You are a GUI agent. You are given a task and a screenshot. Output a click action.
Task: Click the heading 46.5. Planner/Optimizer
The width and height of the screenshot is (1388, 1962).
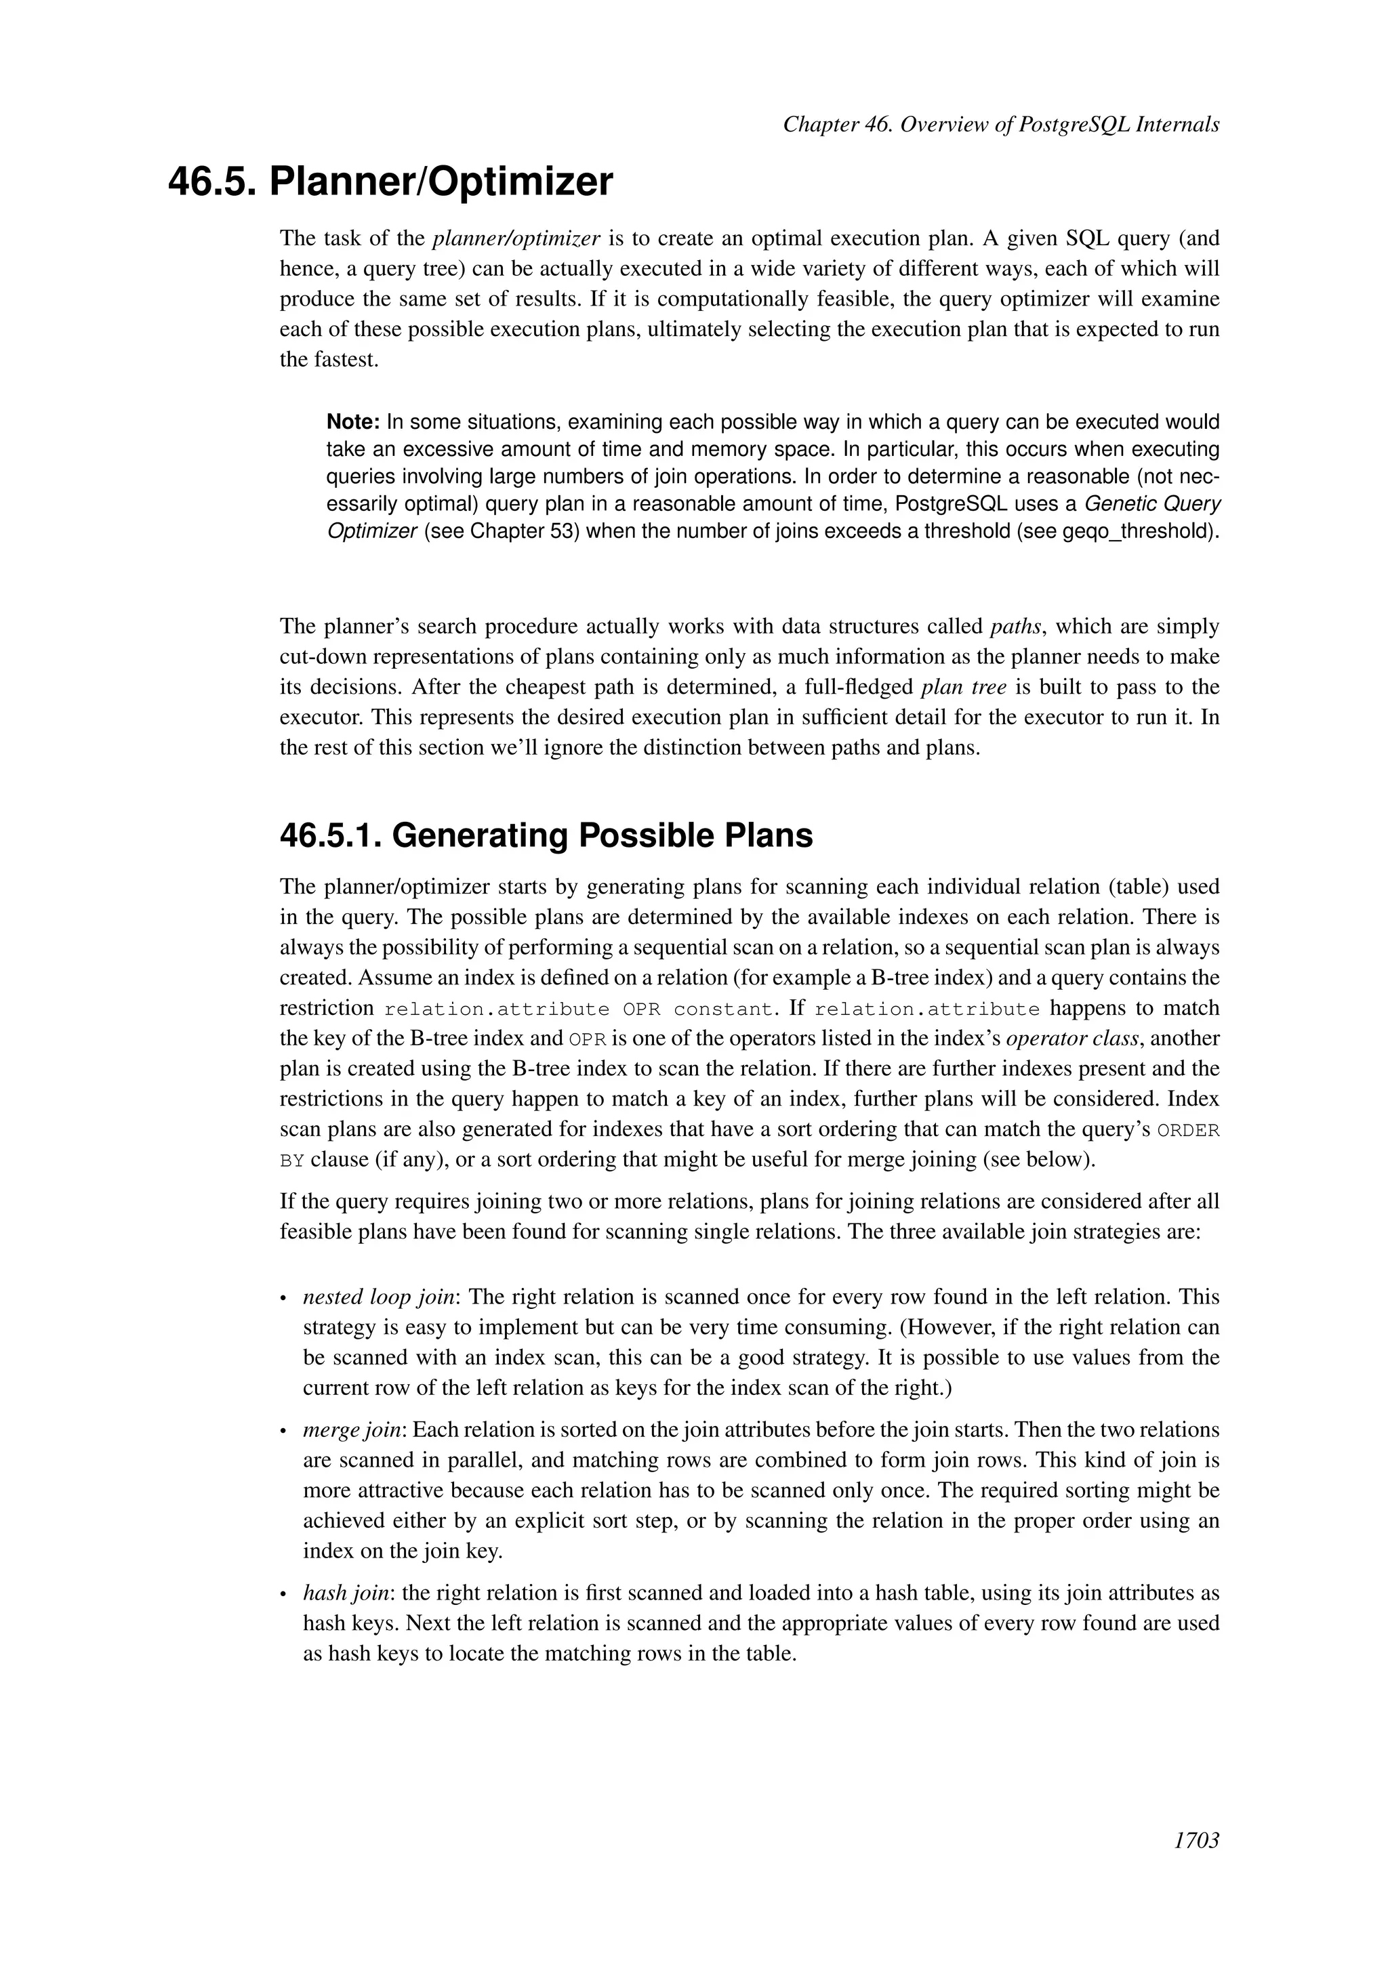coord(390,182)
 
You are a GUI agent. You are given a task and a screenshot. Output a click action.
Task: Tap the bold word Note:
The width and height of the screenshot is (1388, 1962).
coord(353,422)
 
